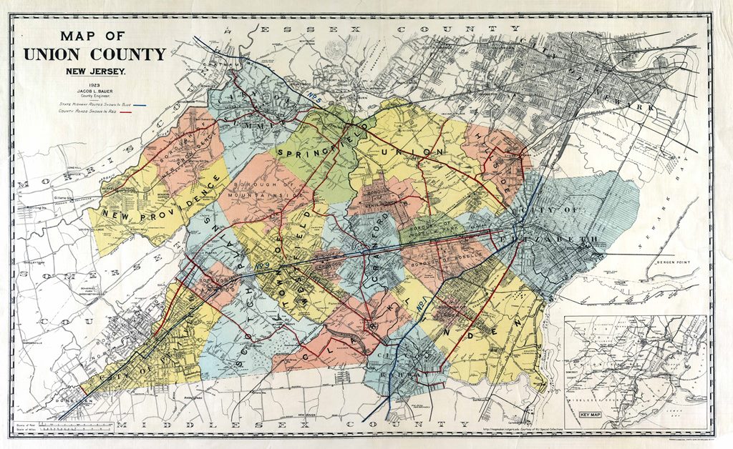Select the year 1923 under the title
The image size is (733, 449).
click(x=94, y=84)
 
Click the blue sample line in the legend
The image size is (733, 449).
click(x=147, y=104)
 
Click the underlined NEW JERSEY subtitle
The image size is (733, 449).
click(x=95, y=71)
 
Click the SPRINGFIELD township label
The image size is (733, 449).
click(x=315, y=140)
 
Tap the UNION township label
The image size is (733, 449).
click(x=412, y=152)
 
